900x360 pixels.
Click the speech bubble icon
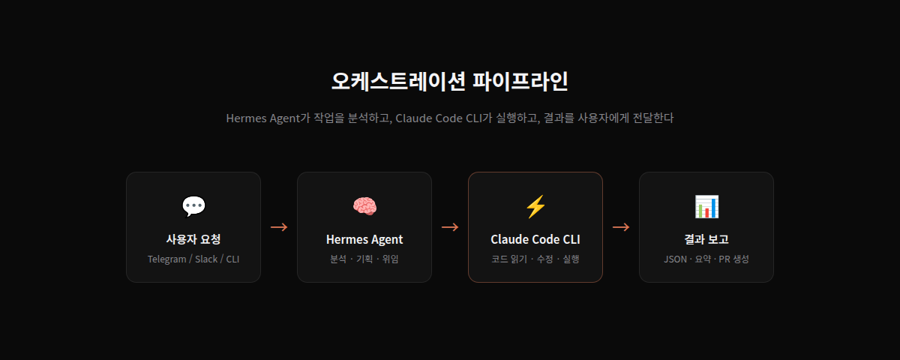[193, 206]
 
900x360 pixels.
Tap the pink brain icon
[364, 206]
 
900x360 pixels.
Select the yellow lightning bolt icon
[535, 206]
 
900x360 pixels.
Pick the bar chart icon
[706, 206]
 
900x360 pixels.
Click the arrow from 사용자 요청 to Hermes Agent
[279, 227]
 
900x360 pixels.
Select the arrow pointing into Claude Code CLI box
[450, 227]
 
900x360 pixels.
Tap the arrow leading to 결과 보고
[621, 227]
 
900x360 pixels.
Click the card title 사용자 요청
[193, 239]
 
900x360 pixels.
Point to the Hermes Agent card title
[364, 239]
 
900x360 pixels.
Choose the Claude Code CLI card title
[535, 239]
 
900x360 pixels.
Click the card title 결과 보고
[706, 239]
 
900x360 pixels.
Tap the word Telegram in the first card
[166, 259]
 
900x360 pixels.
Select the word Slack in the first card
[206, 259]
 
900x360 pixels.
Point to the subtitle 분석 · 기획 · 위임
[364, 259]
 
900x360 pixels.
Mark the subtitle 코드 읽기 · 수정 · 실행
[535, 259]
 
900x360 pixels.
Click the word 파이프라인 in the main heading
[520, 81]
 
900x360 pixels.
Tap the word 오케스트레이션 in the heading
[398, 81]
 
